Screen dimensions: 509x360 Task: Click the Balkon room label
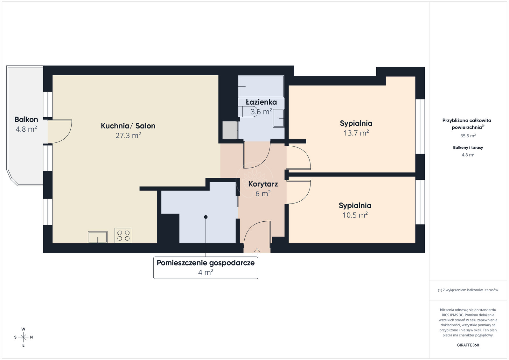(26, 120)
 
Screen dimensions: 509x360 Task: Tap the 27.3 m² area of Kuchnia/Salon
(128, 135)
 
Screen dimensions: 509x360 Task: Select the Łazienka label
(261, 102)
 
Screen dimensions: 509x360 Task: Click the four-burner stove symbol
(123, 236)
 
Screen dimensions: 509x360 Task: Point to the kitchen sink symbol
(97, 237)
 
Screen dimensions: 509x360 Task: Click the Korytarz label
(263, 184)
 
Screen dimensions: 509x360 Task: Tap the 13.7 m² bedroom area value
(356, 133)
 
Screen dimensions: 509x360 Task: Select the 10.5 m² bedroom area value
(355, 215)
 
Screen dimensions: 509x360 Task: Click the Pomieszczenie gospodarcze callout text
(206, 263)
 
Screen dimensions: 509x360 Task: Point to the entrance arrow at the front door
(257, 251)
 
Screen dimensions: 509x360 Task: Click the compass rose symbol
(23, 337)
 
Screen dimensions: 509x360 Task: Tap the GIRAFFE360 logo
(468, 345)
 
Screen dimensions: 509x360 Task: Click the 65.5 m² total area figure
(468, 135)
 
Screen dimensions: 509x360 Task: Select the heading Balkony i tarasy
(468, 148)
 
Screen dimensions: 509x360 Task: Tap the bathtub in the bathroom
(261, 87)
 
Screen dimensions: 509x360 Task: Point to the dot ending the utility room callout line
(206, 217)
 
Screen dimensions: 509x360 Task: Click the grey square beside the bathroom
(230, 130)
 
